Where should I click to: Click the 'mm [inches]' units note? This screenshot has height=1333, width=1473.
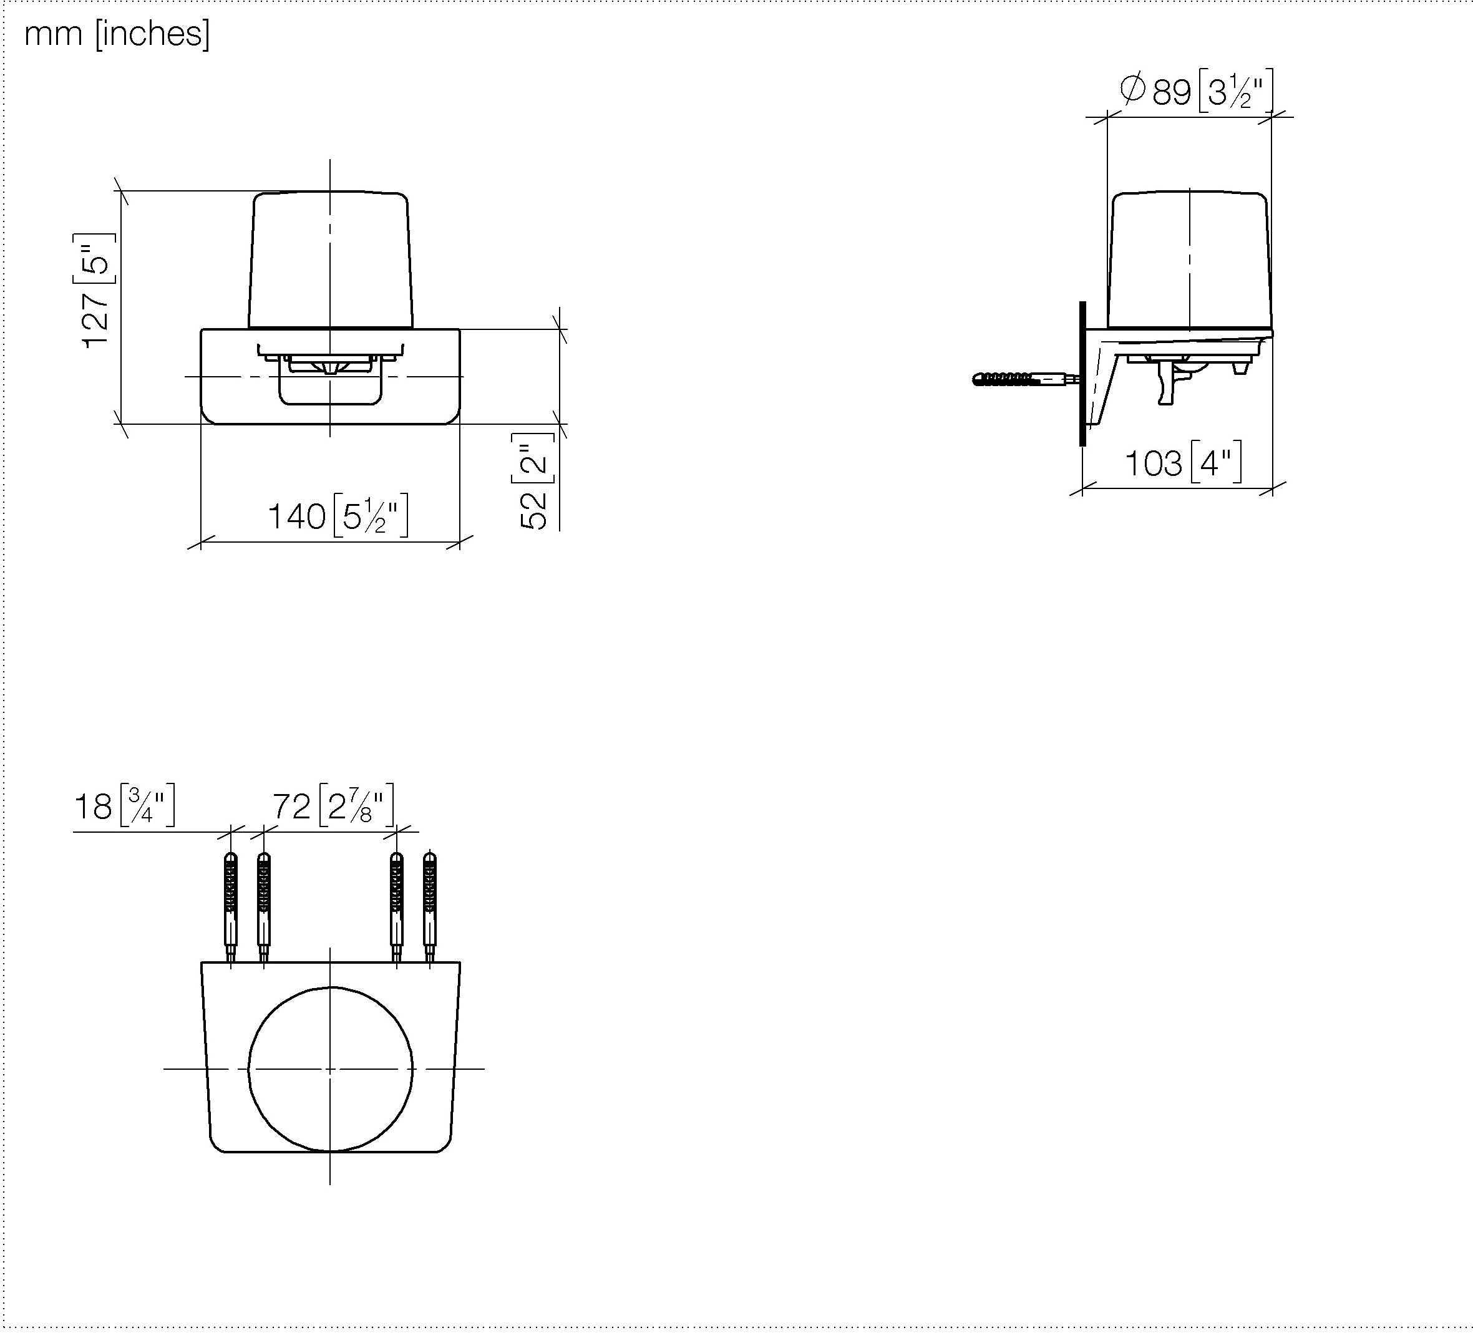(117, 34)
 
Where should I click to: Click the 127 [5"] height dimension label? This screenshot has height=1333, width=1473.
(95, 291)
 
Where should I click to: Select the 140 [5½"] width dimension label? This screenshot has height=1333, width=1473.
(338, 516)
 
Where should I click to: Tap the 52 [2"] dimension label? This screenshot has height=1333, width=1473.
(533, 480)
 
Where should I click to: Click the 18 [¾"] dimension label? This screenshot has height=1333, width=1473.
(124, 806)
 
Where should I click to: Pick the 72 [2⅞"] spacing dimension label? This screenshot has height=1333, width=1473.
(333, 806)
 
